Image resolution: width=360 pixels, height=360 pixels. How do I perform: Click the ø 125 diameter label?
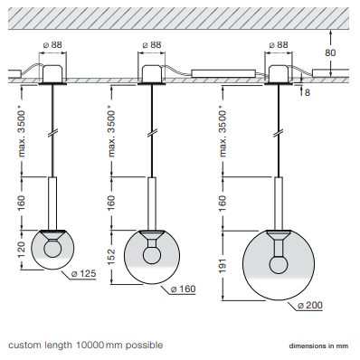coord(83,274)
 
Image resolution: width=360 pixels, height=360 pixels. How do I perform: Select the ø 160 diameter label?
coord(183,289)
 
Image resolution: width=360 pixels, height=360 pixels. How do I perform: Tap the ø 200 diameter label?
coord(310,305)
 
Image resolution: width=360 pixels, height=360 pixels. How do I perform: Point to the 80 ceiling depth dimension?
coord(330,52)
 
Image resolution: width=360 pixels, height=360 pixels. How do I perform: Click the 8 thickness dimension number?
coord(308,92)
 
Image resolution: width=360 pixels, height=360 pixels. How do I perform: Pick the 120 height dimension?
coord(22,250)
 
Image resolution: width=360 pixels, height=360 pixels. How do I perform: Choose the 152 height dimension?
coord(111,257)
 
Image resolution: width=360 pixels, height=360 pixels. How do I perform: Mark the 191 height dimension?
coord(223,265)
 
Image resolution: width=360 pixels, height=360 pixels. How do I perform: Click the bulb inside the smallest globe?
coord(52,248)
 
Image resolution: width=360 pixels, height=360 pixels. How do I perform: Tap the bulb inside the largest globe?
coord(279,264)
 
